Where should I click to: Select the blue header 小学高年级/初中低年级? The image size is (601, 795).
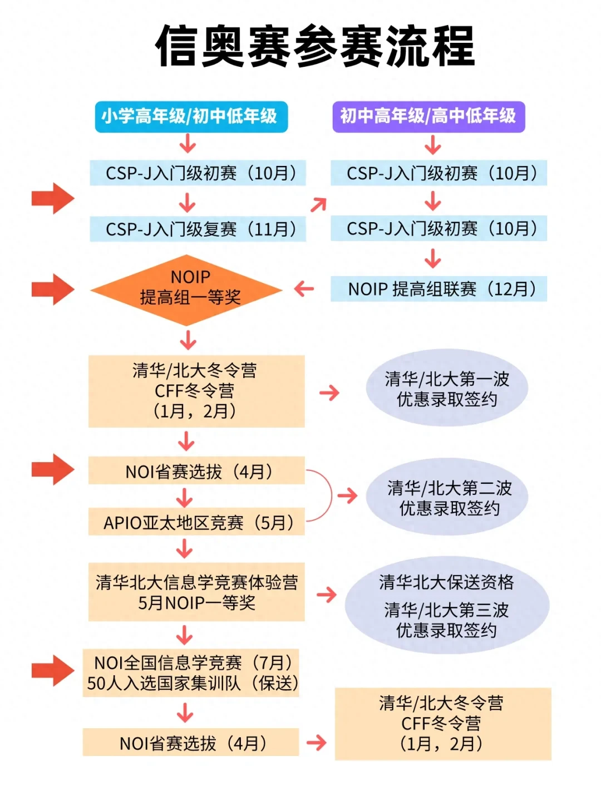click(191, 117)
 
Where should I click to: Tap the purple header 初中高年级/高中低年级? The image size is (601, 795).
click(428, 117)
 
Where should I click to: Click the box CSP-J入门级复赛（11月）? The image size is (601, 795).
click(198, 229)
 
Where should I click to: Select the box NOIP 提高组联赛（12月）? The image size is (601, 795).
click(439, 289)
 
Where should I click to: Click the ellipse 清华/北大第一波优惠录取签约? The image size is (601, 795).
click(447, 388)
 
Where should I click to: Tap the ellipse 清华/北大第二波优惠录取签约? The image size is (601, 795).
click(447, 497)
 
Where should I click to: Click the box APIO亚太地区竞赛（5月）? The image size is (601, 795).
click(196, 522)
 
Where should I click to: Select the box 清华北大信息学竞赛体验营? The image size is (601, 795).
click(196, 592)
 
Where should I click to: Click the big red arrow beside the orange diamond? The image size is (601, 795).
click(53, 289)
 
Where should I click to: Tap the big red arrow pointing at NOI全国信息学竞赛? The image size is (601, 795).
click(53, 670)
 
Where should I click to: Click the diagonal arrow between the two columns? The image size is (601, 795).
click(318, 205)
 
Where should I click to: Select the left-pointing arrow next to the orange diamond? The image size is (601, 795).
click(304, 288)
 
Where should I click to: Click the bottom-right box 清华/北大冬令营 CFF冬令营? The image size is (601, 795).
click(442, 723)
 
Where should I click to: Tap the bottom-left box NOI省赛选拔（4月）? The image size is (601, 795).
click(191, 743)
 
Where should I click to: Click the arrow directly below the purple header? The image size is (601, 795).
click(432, 146)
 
